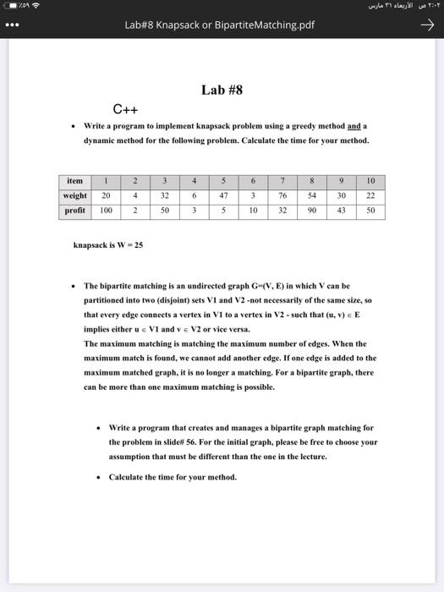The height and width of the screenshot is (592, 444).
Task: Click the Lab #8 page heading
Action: (222, 89)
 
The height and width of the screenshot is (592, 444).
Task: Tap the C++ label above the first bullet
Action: (126, 108)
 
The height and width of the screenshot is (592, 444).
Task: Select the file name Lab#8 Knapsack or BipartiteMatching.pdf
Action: (219, 25)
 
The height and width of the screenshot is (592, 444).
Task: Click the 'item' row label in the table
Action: (74, 181)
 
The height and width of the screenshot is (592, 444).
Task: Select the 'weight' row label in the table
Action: (74, 195)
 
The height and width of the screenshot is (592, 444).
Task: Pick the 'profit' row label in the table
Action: (74, 210)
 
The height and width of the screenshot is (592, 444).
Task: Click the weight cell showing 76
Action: (282, 195)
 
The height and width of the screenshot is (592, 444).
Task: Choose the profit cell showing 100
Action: (106, 210)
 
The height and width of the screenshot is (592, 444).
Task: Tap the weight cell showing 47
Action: (224, 195)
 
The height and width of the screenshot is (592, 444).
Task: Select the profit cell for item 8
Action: (312, 210)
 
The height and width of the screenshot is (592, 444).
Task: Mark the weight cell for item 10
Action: (370, 195)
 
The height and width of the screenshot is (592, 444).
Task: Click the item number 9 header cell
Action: (341, 181)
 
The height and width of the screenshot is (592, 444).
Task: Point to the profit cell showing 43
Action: (341, 210)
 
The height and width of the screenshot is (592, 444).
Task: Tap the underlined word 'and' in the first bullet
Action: (354, 126)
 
